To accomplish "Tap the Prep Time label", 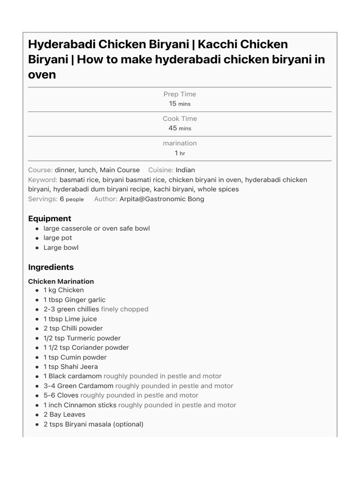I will pyautogui.click(x=180, y=94).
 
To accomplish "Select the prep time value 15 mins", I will pyautogui.click(x=180, y=104).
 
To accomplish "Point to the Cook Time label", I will pyautogui.click(x=180, y=119).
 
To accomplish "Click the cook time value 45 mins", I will pyautogui.click(x=180, y=128).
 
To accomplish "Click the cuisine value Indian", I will pyautogui.click(x=185, y=170).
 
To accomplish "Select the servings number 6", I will pyautogui.click(x=61, y=199).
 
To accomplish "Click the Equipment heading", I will pyautogui.click(x=50, y=218).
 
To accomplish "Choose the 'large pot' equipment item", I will pyautogui.click(x=58, y=238).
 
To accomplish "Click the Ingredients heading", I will pyautogui.click(x=51, y=267).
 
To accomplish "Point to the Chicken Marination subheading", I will pyautogui.click(x=61, y=281).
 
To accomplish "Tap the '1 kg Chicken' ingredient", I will pyautogui.click(x=64, y=290).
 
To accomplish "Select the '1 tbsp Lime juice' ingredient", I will pyautogui.click(x=70, y=319).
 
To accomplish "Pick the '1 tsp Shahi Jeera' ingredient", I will pyautogui.click(x=71, y=367).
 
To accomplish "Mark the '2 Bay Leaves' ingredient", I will pyautogui.click(x=64, y=414).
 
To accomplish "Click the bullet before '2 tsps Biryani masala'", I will pyautogui.click(x=37, y=425).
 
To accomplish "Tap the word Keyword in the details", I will pyautogui.click(x=43, y=180).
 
